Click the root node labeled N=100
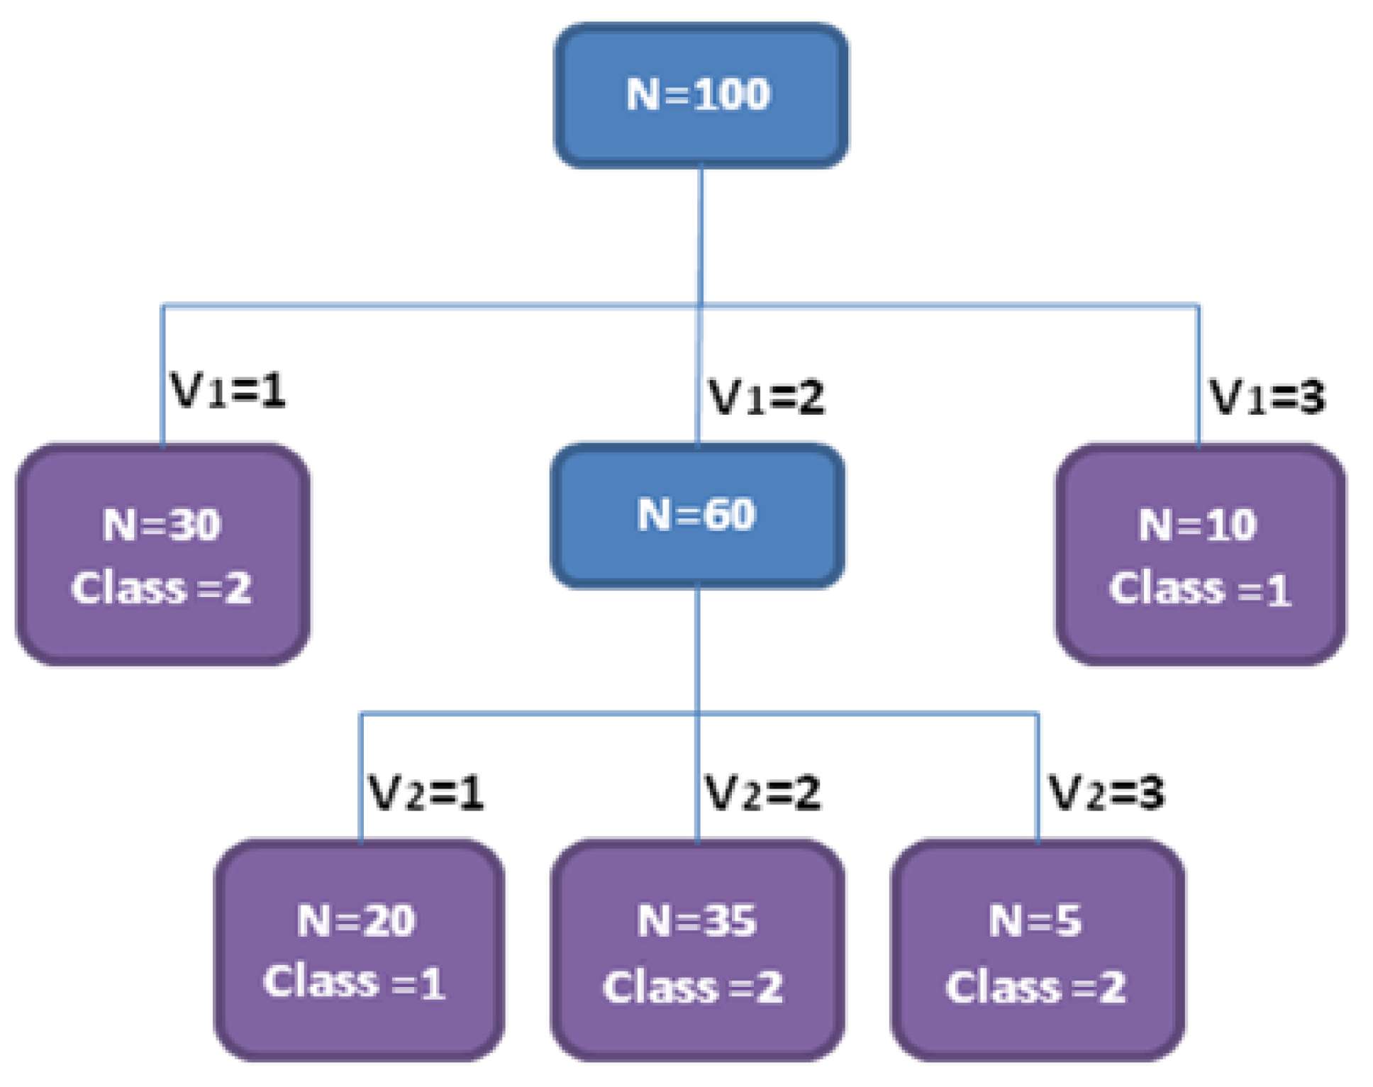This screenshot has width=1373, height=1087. click(x=699, y=94)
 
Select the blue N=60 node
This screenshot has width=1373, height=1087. click(x=697, y=515)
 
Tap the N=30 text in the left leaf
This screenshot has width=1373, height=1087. click(x=162, y=525)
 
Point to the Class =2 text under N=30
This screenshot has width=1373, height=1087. click(x=162, y=588)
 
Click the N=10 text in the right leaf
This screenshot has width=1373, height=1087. click(x=1198, y=525)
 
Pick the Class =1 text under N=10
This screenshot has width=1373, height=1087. click(x=1200, y=589)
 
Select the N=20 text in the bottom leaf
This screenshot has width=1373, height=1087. click(x=356, y=921)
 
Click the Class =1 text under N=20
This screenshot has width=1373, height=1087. click(x=355, y=983)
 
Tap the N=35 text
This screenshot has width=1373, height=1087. click(x=696, y=921)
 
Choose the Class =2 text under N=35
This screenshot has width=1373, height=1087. click(x=694, y=986)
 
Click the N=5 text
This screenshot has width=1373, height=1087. click(x=1035, y=921)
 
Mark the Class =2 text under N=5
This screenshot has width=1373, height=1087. click(x=1035, y=986)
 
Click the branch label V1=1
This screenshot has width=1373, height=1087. click(x=228, y=390)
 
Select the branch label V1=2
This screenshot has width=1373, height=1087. click(x=767, y=397)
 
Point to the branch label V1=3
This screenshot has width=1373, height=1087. click(x=1267, y=397)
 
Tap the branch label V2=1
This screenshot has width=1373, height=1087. click(x=426, y=793)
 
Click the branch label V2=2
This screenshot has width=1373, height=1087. click(x=762, y=793)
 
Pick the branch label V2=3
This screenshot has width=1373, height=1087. click(x=1106, y=793)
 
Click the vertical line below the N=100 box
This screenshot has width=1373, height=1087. click(x=701, y=234)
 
